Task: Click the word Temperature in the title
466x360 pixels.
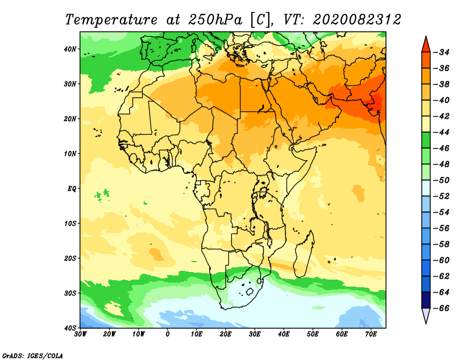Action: click(111, 20)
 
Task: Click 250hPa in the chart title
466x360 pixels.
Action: click(216, 20)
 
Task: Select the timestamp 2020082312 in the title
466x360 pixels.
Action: click(356, 20)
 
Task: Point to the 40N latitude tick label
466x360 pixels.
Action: click(70, 49)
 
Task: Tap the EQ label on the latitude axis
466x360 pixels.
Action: click(72, 189)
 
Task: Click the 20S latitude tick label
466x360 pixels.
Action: click(70, 258)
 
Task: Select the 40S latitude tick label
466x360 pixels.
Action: click(70, 328)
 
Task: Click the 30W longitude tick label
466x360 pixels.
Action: click(80, 334)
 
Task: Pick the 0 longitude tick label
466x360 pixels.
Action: click(168, 334)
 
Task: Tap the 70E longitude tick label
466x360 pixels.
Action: click(371, 334)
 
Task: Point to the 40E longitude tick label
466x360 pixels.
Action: click(284, 334)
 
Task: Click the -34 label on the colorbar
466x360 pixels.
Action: click(442, 52)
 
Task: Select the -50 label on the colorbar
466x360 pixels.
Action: click(442, 180)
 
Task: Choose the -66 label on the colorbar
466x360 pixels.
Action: click(442, 308)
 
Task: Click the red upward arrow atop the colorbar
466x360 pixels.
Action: click(426, 45)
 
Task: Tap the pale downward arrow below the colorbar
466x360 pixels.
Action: click(426, 315)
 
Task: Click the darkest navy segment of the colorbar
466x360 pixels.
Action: click(426, 300)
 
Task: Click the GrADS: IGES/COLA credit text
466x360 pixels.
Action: click(33, 356)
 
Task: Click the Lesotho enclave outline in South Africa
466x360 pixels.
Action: click(250, 292)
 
